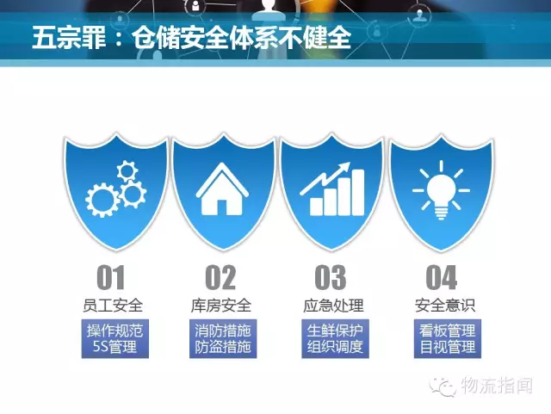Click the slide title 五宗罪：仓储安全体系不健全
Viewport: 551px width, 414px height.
pyautogui.click(x=191, y=37)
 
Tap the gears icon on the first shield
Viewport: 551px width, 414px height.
pyautogui.click(x=116, y=188)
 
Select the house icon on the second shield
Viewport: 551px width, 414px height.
pyautogui.click(x=222, y=188)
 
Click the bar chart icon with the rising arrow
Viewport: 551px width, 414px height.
pyautogui.click(x=331, y=188)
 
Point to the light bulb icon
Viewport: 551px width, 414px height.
pyautogui.click(x=441, y=190)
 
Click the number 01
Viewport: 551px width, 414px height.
pyautogui.click(x=111, y=277)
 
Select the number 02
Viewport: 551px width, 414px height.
pyautogui.click(x=220, y=277)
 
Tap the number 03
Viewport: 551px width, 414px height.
pyautogui.click(x=331, y=277)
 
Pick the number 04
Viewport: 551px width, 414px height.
pyautogui.click(x=442, y=277)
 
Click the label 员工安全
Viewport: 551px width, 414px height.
pyautogui.click(x=113, y=305)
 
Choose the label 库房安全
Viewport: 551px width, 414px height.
pyautogui.click(x=221, y=305)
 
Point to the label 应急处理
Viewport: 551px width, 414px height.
pyautogui.click(x=333, y=305)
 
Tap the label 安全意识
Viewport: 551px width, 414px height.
pyautogui.click(x=445, y=305)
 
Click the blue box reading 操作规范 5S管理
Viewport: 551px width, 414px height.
pyautogui.click(x=115, y=339)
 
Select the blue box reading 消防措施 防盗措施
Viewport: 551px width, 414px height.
pyautogui.click(x=223, y=339)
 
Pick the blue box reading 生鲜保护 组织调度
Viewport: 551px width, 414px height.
pyautogui.click(x=335, y=339)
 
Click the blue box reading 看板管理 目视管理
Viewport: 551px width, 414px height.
pyautogui.click(x=448, y=339)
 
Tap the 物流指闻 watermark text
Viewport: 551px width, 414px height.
pyautogui.click(x=497, y=386)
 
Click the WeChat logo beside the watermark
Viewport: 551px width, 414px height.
pyautogui.click(x=443, y=386)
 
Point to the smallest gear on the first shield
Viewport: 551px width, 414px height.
pyautogui.click(x=127, y=171)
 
